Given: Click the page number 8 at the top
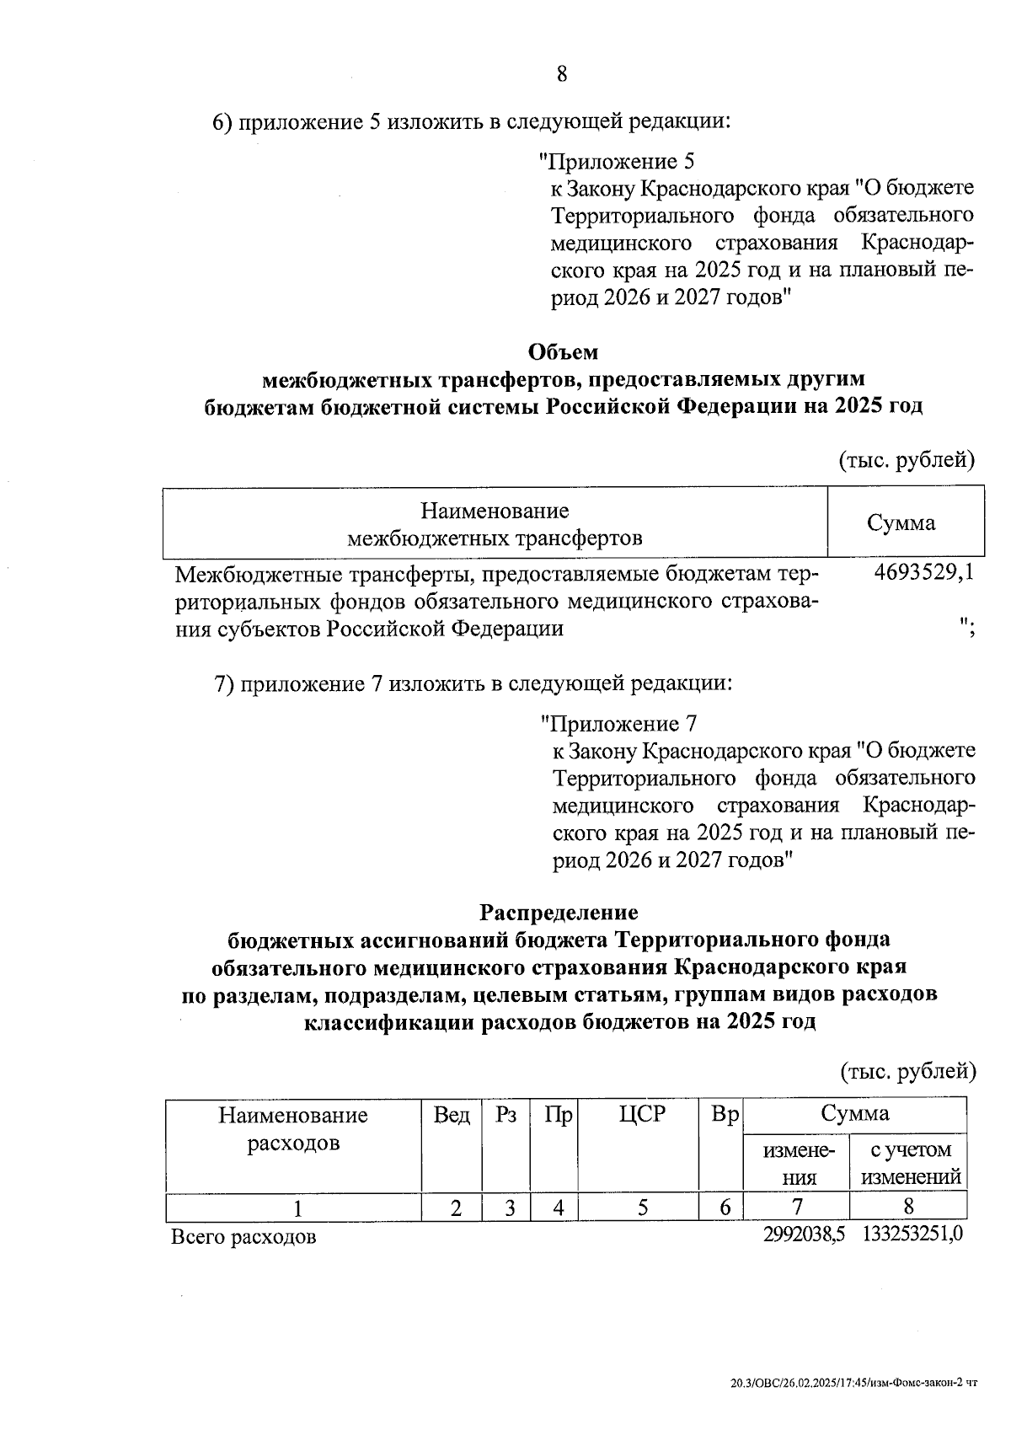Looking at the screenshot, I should [562, 74].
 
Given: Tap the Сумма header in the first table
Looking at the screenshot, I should [901, 522].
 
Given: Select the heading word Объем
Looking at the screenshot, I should [563, 351].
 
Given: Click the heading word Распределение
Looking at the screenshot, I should [559, 912].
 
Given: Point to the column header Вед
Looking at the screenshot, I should [452, 1115].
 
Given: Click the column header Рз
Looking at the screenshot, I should [506, 1115].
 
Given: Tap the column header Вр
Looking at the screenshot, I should [724, 1115].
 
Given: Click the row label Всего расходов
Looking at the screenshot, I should [243, 1237].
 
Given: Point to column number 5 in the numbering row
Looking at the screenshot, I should [642, 1208].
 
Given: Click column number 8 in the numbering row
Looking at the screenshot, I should [908, 1206].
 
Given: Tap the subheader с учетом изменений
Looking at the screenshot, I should [911, 1163].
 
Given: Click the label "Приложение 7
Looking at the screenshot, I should [618, 723].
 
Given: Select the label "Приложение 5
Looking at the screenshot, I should [617, 160].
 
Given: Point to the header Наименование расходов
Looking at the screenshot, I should [293, 1129].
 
